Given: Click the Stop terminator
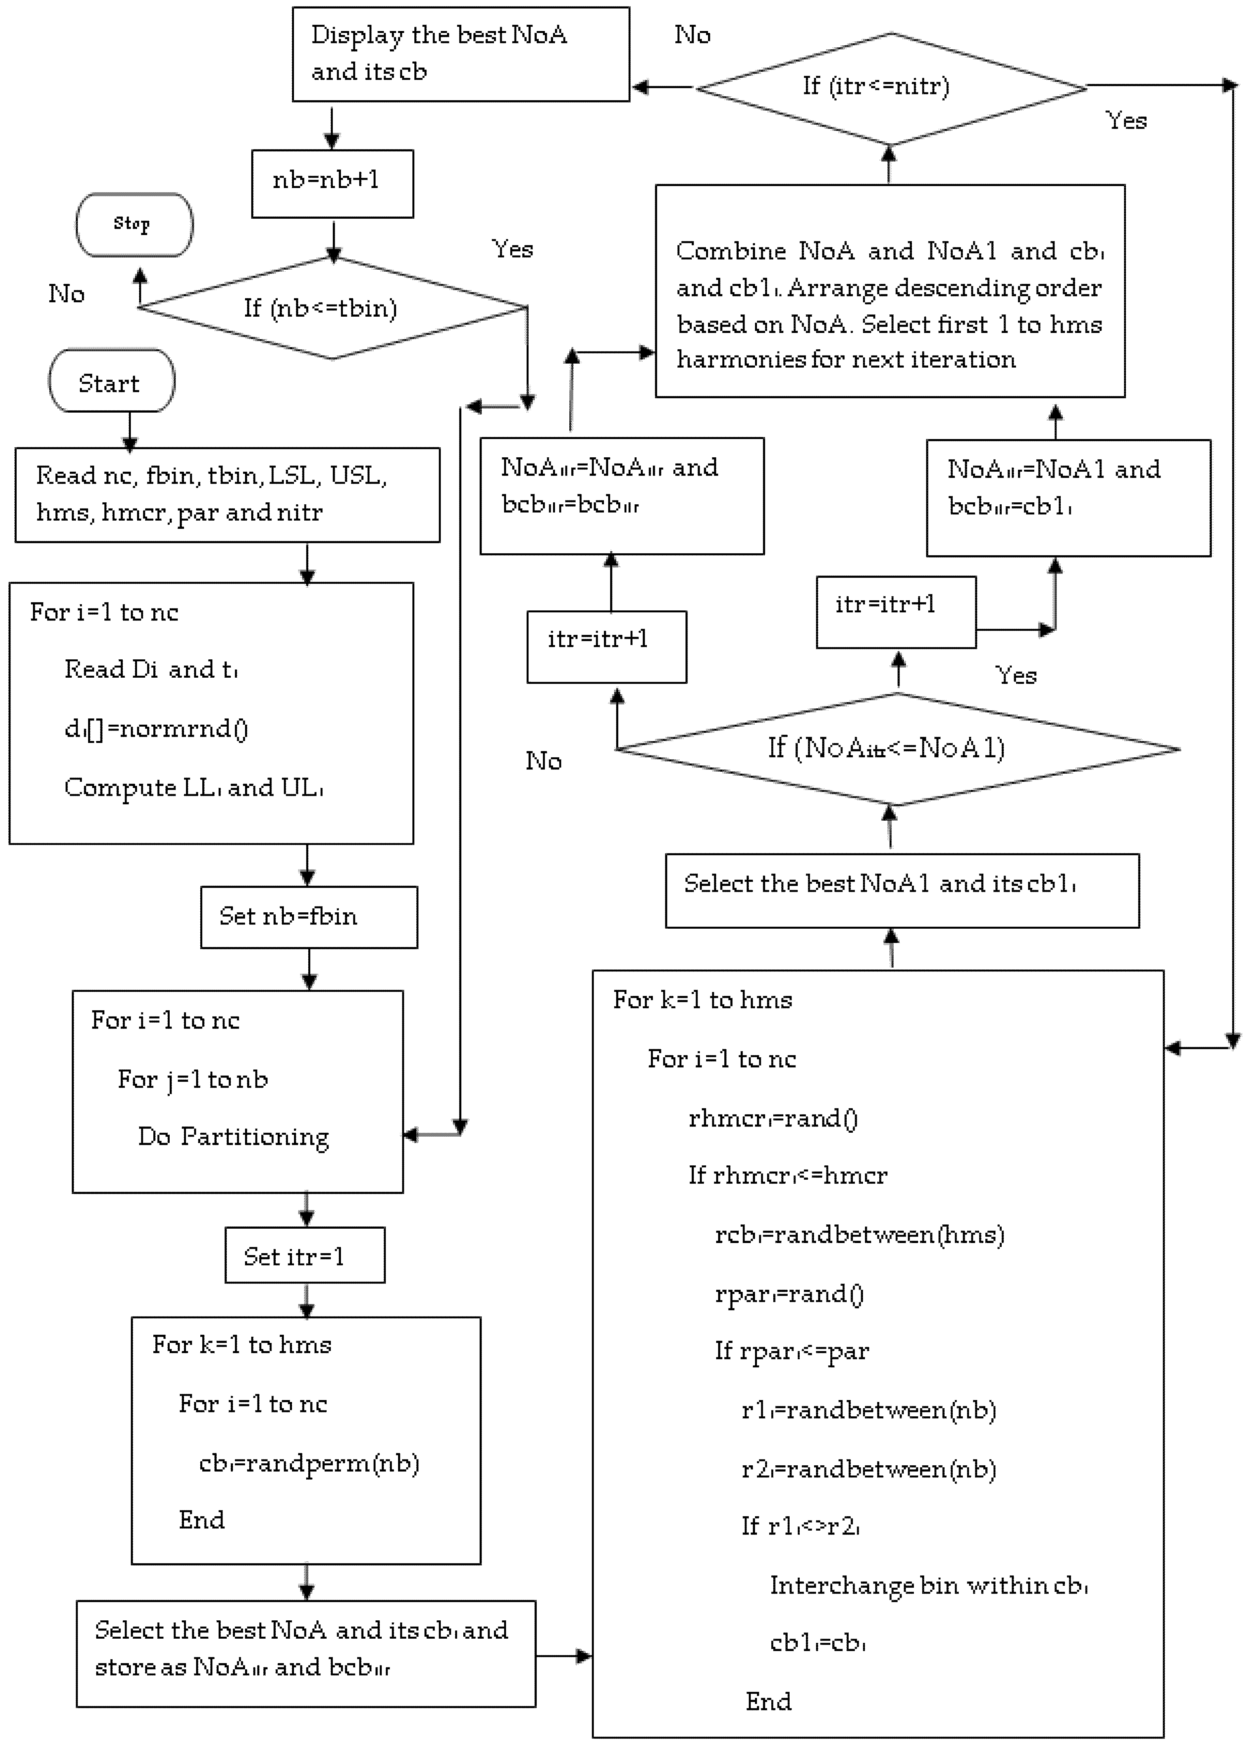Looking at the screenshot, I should tap(134, 225).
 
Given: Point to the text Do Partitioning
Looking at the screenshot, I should tap(233, 1136).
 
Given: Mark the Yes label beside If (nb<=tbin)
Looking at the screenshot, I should tap(512, 249).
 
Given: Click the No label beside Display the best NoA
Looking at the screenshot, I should tap(692, 35).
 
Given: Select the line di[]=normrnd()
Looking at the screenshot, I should tap(156, 728).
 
